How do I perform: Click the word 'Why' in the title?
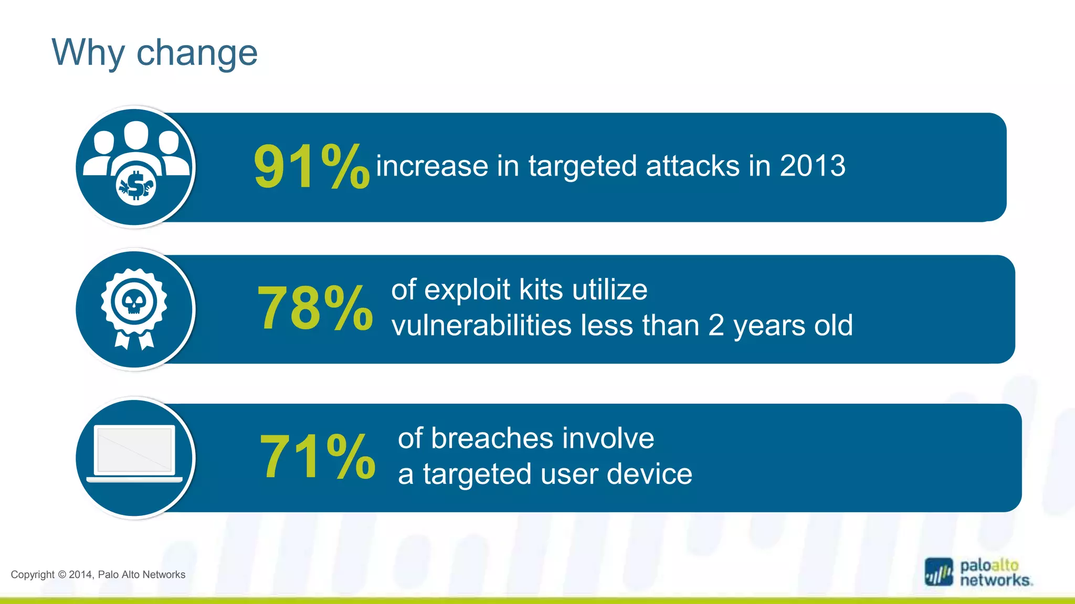88,52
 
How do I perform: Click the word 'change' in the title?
197,53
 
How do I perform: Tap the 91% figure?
311,167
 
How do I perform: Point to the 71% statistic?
318,457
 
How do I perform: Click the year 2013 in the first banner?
813,166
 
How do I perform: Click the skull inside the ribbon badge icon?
134,302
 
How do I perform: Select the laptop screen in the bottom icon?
134,450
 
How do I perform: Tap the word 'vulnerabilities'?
481,326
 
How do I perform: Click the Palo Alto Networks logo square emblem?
939,572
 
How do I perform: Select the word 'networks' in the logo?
995,580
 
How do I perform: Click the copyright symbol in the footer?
62,575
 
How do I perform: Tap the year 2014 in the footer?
81,575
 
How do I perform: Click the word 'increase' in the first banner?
432,166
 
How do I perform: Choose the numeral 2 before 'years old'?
716,326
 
